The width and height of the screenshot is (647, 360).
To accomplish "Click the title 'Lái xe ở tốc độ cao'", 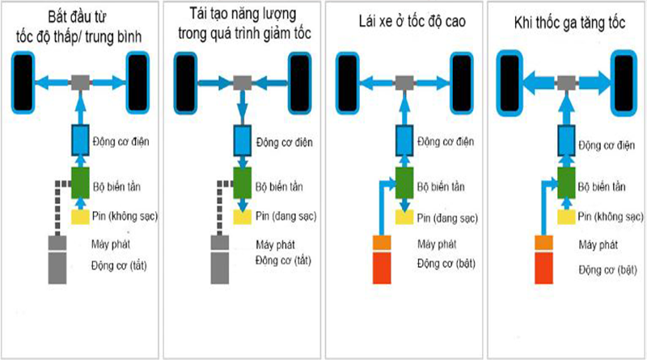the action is [x=412, y=22].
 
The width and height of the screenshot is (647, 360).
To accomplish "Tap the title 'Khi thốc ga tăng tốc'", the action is [x=569, y=23].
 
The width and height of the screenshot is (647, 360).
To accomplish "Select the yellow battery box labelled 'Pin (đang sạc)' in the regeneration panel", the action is [x=242, y=217].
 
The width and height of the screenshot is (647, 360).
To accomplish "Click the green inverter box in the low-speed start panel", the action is [x=80, y=183].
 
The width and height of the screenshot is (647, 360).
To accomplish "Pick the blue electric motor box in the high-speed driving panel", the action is [x=404, y=141].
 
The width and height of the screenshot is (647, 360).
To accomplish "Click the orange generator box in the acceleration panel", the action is [x=543, y=243].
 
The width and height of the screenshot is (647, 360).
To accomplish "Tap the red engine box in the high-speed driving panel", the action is [x=382, y=269].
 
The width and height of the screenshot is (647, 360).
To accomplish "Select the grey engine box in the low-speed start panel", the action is [x=57, y=269].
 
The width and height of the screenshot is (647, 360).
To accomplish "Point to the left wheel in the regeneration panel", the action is [x=185, y=83].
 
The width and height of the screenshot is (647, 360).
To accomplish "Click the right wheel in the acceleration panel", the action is [x=624, y=83].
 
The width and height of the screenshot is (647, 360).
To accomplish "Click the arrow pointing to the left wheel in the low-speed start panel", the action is [x=53, y=83].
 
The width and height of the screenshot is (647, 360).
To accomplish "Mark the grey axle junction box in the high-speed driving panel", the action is [x=404, y=83].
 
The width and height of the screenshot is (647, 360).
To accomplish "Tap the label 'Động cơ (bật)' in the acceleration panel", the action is [x=607, y=270].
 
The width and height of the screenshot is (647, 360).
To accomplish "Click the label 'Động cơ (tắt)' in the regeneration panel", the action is [x=283, y=261].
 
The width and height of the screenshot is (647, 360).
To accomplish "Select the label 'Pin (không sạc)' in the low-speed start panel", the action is [x=125, y=216].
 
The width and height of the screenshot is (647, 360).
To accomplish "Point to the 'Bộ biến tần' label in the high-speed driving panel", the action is [x=441, y=187].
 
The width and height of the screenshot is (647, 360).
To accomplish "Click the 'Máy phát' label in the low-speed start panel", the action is [x=111, y=244].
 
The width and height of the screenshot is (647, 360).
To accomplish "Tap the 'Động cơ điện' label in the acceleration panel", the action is [x=607, y=146].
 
